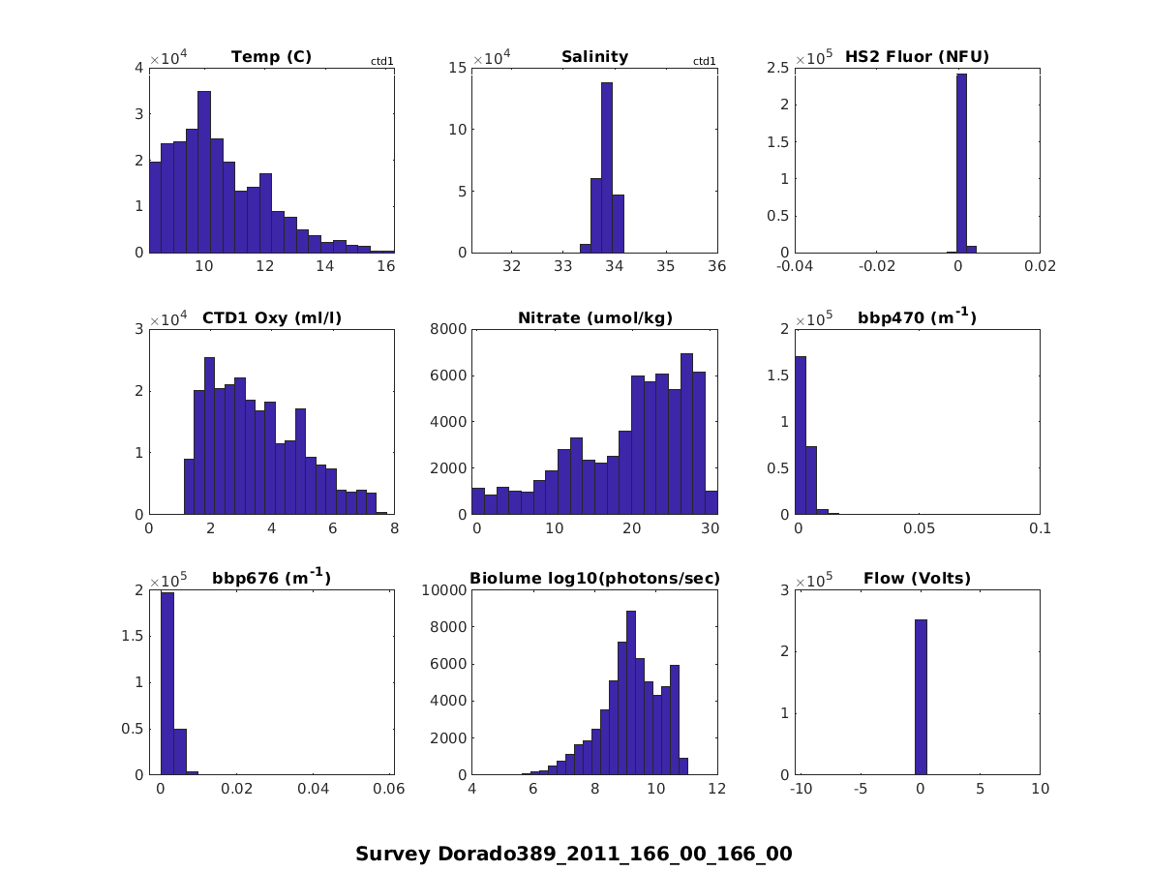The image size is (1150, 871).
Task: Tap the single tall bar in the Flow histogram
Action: pos(921,697)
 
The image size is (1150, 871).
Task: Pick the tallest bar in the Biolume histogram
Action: pos(630,692)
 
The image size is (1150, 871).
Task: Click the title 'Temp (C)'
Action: pos(271,56)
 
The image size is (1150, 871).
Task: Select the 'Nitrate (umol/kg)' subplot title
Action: pos(594,317)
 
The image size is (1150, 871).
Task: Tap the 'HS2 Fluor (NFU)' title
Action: pos(917,56)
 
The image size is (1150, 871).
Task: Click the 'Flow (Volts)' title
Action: pos(917,579)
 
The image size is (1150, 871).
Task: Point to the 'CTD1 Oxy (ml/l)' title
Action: pos(271,317)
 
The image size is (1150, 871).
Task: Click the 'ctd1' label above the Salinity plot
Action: pos(705,62)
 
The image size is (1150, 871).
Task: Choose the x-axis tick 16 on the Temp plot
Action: pos(385,266)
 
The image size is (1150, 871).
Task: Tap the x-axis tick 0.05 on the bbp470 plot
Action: pos(918,527)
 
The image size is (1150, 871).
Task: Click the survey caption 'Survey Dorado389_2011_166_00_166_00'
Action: pos(574,854)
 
